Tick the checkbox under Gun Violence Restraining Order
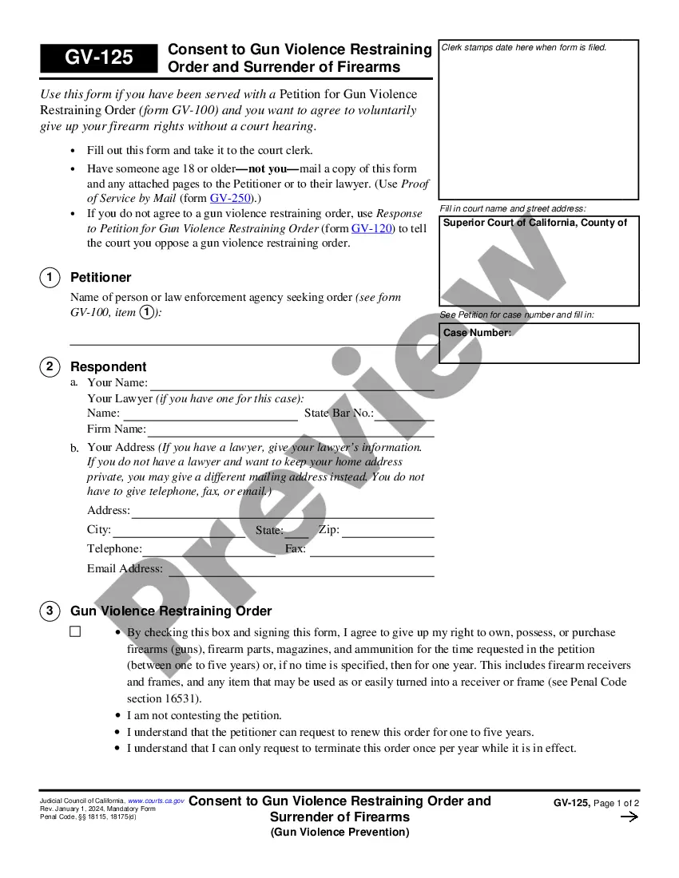point(76,631)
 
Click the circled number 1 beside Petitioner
point(49,277)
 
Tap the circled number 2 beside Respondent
point(49,366)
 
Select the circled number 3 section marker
point(49,611)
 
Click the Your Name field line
point(292,384)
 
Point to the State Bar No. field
point(404,414)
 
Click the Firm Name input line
point(291,431)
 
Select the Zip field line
point(388,532)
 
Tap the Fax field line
point(371,550)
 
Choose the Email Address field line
point(300,570)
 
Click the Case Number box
point(539,343)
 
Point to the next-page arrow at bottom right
point(629,817)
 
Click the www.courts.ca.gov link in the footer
point(157,801)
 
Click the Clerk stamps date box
point(539,120)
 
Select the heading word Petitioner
point(101,277)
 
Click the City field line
point(179,532)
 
